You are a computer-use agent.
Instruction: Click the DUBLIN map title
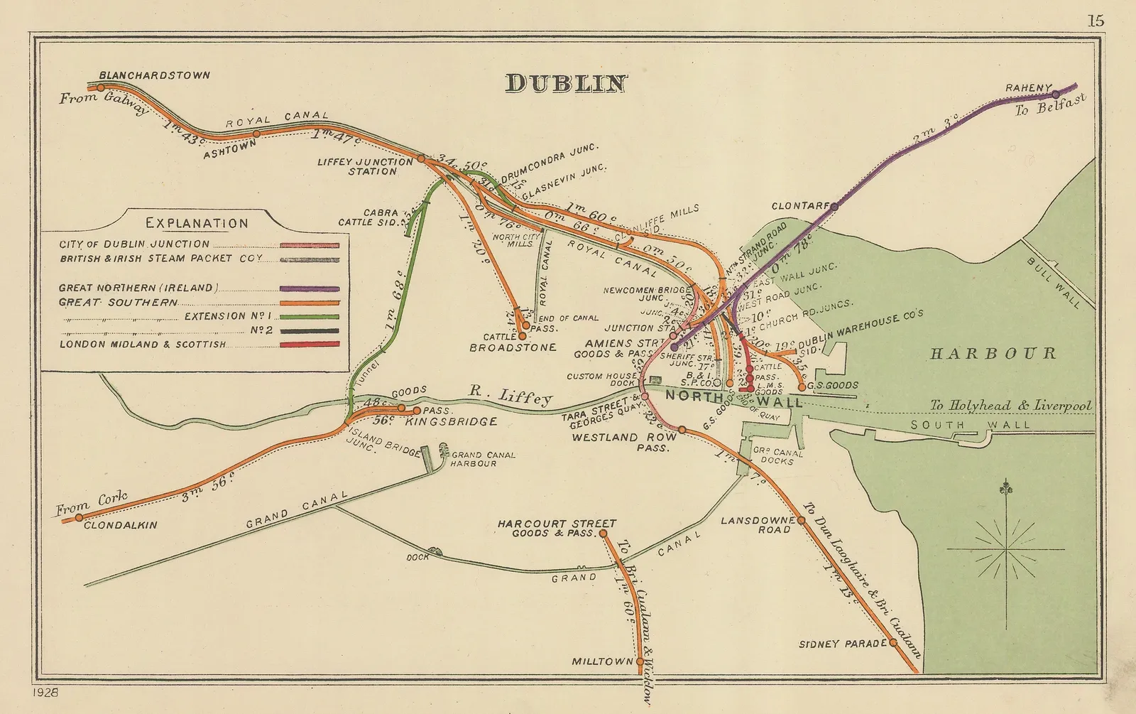[x=566, y=84]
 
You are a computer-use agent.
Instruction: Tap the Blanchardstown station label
[x=154, y=75]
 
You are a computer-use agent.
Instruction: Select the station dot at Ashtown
[x=257, y=133]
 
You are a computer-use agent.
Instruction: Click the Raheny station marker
[x=1056, y=94]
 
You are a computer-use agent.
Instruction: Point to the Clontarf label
[x=800, y=206]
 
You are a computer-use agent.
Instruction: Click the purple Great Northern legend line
[x=310, y=289]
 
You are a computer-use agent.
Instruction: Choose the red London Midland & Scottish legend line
[x=310, y=345]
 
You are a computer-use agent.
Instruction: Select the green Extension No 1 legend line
[x=310, y=317]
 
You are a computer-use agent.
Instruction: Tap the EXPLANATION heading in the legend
[x=197, y=223]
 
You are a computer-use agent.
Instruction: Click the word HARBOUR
[x=993, y=353]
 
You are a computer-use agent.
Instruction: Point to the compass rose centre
[x=1005, y=549]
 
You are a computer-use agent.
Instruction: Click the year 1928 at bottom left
[x=45, y=691]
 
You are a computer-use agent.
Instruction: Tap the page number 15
[x=1096, y=21]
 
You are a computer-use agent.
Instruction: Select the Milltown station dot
[x=640, y=661]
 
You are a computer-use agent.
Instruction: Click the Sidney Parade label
[x=843, y=644]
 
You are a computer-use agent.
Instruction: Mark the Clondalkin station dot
[x=79, y=517]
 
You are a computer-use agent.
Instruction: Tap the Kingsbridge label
[x=451, y=422]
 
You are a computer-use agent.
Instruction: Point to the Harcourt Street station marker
[x=603, y=532]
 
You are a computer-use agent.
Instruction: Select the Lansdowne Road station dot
[x=801, y=520]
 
